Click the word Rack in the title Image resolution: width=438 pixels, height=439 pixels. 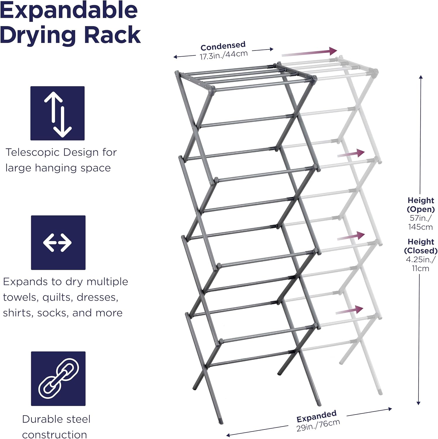coord(113,35)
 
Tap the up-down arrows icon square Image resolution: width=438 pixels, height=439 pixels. coord(58,113)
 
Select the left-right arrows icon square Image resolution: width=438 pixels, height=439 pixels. coord(58,243)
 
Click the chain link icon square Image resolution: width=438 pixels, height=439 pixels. coord(58,378)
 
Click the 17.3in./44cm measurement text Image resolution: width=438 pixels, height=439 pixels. coord(224,55)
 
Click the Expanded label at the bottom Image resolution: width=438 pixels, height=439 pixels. coord(316,416)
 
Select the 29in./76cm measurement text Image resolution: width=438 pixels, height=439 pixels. coord(318,425)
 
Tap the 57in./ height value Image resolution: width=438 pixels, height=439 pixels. coord(420,218)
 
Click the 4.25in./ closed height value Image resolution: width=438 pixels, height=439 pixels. coord(420,259)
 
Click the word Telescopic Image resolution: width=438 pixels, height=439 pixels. coord(32,152)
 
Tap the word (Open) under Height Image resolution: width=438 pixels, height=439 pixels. coord(421,209)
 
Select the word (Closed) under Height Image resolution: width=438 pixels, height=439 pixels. coord(421,251)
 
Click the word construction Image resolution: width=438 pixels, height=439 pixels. coord(54,435)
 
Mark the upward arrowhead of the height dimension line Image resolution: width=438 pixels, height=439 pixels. coord(421,77)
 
